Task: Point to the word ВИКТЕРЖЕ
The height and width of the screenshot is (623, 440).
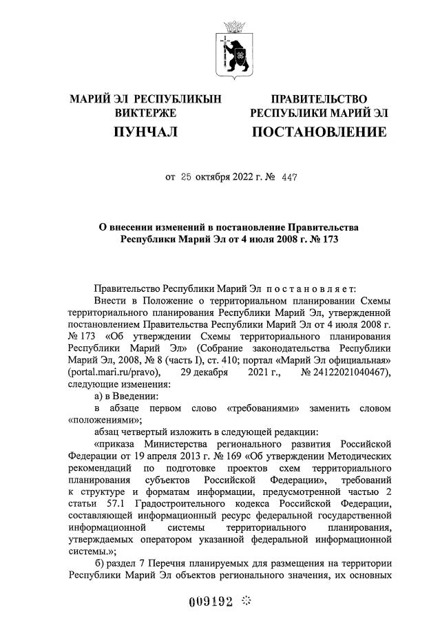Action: [146, 112]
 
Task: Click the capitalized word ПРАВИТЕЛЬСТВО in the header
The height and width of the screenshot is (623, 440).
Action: [318, 99]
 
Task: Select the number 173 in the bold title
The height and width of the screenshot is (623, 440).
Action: [330, 240]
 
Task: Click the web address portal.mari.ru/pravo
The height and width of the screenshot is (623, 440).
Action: [114, 372]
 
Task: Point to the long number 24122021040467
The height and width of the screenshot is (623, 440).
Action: [350, 372]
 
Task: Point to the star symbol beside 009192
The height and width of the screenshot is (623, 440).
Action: [247, 600]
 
